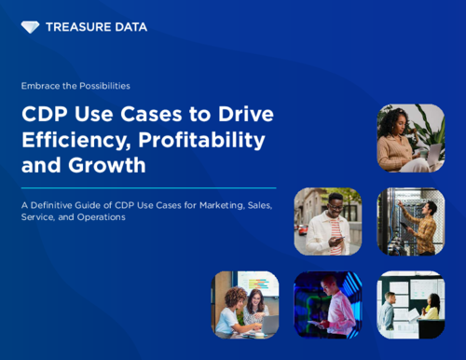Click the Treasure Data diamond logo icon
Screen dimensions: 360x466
click(30, 28)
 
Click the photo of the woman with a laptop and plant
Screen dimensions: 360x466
click(410, 138)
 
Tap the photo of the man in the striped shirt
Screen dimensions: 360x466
click(327, 221)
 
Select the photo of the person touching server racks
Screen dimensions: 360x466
click(410, 221)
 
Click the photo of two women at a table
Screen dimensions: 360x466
click(245, 304)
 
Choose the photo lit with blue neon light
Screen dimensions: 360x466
click(327, 304)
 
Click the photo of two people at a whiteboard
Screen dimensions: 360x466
click(410, 304)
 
